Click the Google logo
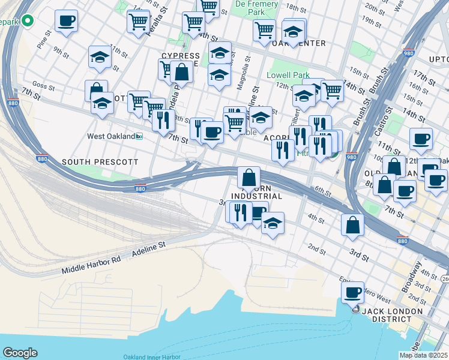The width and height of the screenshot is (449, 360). (20, 353)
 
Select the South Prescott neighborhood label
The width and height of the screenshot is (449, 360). (100, 163)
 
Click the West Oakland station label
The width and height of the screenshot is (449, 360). (111, 136)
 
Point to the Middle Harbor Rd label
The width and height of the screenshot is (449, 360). (91, 264)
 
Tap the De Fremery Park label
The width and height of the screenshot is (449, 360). (256, 8)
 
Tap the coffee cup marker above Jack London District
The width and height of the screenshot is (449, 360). (354, 293)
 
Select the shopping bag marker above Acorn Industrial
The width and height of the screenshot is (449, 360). (249, 178)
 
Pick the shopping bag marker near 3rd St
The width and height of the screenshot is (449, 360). (354, 225)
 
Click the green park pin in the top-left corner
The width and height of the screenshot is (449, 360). (27, 22)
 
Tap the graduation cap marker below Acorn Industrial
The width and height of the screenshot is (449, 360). (273, 223)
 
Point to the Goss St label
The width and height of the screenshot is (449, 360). (44, 86)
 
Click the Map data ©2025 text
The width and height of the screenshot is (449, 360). (423, 355)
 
